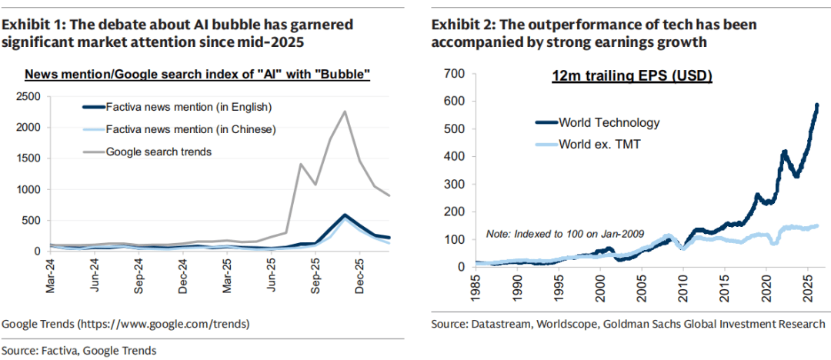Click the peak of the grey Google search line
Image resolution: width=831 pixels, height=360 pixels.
coord(345,112)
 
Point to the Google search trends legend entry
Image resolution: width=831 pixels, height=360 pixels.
coord(159,152)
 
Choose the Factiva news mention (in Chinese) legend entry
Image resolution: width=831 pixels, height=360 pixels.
coord(190,128)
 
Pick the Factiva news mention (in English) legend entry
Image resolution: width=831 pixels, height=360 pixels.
coord(189,106)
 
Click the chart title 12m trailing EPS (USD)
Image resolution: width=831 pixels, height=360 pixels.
coord(633,76)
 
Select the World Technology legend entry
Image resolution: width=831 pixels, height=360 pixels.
coord(609,122)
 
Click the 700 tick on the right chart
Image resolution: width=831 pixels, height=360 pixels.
coord(455,73)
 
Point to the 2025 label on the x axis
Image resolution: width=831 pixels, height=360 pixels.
coord(802,287)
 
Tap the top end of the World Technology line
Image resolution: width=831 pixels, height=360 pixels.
coord(816,105)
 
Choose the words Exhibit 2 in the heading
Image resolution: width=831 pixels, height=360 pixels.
coord(459,25)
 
